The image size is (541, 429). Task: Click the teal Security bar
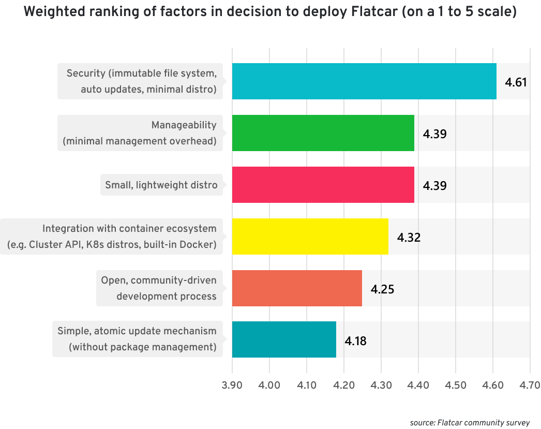(364, 81)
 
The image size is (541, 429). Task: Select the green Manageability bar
(323, 133)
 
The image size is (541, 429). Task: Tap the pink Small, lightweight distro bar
(323, 185)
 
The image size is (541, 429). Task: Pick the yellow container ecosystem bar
(310, 236)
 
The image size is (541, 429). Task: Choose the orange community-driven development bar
(297, 288)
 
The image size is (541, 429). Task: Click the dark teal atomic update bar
(284, 340)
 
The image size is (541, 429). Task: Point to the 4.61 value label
(516, 82)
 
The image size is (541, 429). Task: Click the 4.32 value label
(409, 238)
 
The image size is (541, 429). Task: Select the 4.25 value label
(382, 289)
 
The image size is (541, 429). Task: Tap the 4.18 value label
(355, 341)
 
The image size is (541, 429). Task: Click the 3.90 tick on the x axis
(232, 386)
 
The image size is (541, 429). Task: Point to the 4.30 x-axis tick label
(381, 386)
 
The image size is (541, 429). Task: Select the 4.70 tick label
(529, 386)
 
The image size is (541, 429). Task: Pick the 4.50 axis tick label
(455, 386)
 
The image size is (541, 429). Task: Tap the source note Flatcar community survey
(470, 423)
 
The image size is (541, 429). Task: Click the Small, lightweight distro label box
(161, 185)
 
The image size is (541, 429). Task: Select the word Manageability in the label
(184, 125)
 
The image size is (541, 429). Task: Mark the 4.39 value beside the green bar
(434, 134)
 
